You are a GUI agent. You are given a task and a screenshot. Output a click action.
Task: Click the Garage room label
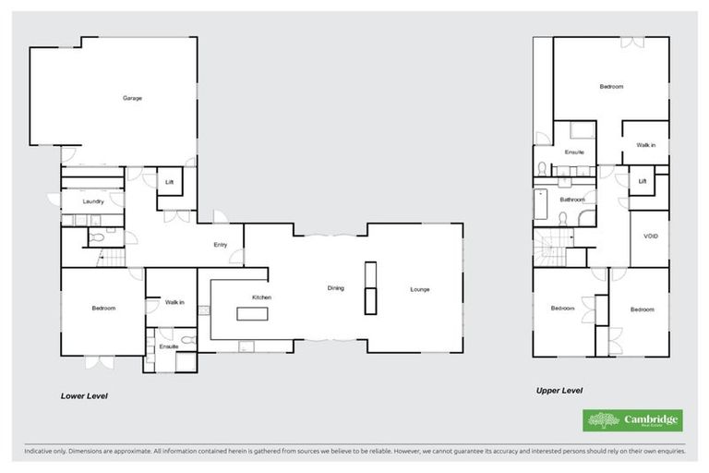[x=132, y=98]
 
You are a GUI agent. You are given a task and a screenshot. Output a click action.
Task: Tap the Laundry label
[x=92, y=200]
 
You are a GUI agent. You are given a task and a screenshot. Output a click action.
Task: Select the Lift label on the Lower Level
[x=169, y=182]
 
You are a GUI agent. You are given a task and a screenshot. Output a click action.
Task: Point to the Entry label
[x=220, y=245]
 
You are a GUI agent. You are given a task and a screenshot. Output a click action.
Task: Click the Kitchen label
[x=261, y=297]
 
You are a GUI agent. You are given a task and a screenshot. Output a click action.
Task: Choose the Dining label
[x=335, y=288]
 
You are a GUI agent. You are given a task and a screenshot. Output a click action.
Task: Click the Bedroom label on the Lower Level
[x=102, y=308]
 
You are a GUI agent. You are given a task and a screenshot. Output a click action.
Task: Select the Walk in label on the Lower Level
[x=174, y=301]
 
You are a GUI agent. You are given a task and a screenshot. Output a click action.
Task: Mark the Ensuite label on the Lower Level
[x=168, y=346]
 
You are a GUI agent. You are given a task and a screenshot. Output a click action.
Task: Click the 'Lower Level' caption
[x=85, y=395]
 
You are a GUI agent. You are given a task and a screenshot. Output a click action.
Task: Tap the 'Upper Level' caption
[x=559, y=390]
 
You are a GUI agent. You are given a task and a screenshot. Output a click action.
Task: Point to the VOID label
[x=650, y=237]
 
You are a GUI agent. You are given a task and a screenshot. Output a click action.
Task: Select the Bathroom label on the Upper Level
[x=572, y=199]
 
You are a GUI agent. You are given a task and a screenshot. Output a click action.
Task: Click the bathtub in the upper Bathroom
[x=541, y=206]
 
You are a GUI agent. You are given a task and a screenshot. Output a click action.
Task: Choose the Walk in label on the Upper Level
[x=645, y=145]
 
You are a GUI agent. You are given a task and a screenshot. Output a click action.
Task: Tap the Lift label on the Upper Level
[x=642, y=181]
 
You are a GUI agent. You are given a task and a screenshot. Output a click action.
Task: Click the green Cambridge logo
[x=632, y=420]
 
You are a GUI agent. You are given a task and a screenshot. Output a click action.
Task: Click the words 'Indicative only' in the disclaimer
[x=46, y=452]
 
